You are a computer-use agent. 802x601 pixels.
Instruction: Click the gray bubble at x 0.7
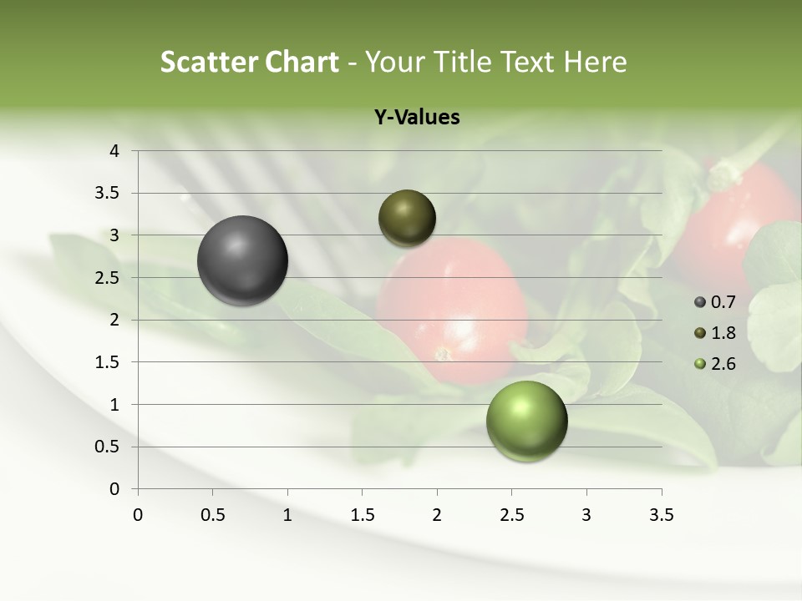(243, 260)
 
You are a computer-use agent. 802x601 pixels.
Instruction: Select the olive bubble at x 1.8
(408, 218)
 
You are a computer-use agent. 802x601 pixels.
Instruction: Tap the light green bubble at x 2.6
(526, 421)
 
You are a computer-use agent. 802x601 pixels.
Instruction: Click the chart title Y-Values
(417, 118)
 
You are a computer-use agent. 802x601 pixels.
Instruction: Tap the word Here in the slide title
(595, 62)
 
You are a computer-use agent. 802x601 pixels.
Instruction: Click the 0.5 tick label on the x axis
(213, 515)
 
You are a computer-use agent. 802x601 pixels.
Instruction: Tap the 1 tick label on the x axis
(287, 515)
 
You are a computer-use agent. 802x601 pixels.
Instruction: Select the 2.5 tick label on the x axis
(512, 515)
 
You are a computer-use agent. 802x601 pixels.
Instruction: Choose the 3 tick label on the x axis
(586, 515)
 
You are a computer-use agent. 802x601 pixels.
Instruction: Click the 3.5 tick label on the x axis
(662, 515)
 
